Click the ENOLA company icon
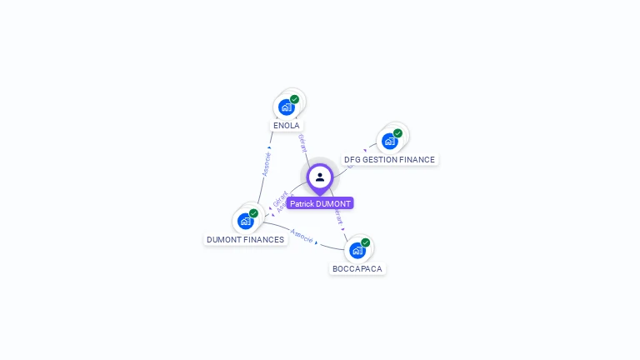point(287,107)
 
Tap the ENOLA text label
point(287,126)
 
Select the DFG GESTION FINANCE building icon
point(389,141)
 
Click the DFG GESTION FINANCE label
point(389,160)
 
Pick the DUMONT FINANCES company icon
point(245,221)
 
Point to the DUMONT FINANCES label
point(245,240)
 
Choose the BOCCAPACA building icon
point(357,250)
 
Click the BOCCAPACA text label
point(357,269)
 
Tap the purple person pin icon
point(320,177)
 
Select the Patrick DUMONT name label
point(320,203)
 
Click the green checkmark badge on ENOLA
point(295,99)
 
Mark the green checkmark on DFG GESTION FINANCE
point(397,133)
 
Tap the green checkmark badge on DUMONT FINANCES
point(253,213)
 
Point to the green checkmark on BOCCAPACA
point(366,242)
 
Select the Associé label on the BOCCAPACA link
point(302,236)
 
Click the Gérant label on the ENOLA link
point(302,142)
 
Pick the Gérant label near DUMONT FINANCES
point(280,198)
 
